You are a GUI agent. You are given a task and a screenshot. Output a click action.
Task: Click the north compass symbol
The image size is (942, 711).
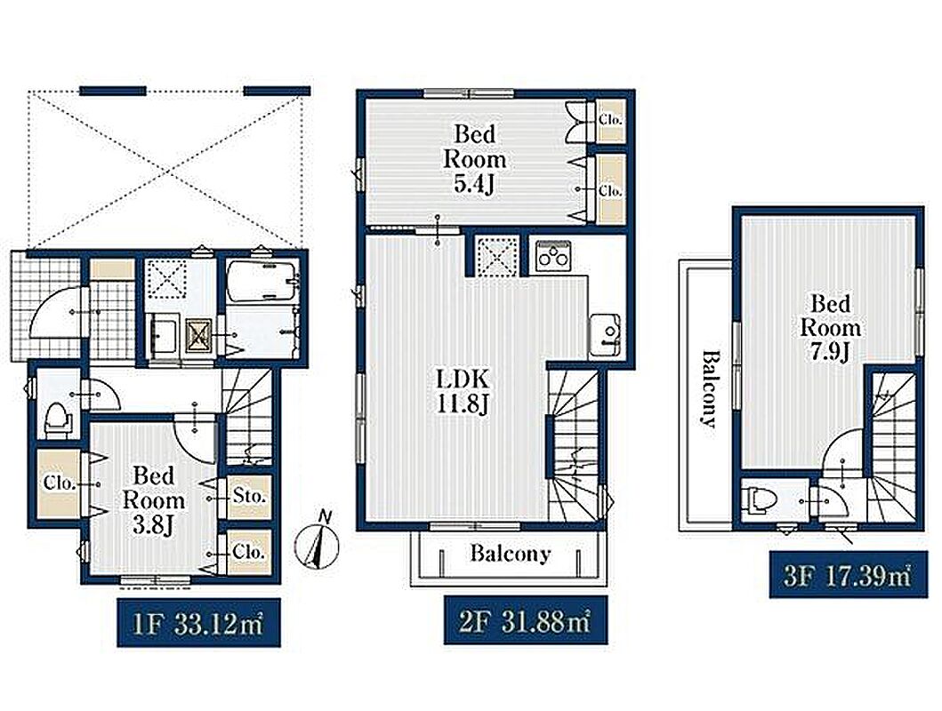click(x=317, y=542)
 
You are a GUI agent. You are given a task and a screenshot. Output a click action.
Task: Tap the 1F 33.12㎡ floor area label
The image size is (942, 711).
click(x=198, y=622)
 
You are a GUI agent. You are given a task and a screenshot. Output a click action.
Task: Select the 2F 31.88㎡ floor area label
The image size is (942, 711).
click(x=525, y=619)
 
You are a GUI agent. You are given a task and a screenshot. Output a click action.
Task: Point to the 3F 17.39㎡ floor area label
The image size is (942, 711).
click(x=848, y=574)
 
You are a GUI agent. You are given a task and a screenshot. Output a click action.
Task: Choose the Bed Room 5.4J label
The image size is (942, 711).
click(x=474, y=158)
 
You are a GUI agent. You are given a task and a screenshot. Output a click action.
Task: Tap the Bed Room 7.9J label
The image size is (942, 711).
click(x=830, y=328)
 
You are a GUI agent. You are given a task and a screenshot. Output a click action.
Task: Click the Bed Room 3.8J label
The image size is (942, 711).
click(x=154, y=499)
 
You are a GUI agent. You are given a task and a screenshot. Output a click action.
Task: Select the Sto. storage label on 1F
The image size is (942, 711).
click(x=249, y=497)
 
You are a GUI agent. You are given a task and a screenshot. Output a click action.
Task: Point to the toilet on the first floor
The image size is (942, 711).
click(x=56, y=419)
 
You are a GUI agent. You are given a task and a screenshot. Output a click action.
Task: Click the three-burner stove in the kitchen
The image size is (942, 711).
click(x=552, y=252)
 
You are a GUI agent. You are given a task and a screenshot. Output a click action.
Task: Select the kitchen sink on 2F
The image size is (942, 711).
click(x=605, y=336)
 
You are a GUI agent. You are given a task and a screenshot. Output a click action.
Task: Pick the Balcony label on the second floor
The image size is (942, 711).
click(x=510, y=553)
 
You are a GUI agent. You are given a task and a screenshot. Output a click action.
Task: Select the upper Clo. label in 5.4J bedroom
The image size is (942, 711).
click(x=610, y=119)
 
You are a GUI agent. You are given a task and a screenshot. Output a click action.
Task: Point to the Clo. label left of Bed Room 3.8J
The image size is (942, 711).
click(x=60, y=483)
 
